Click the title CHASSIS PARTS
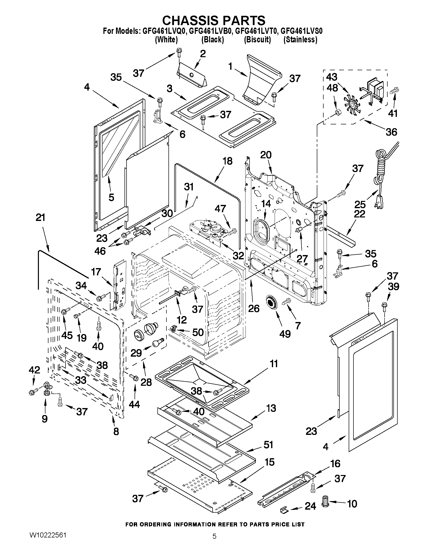(213, 20)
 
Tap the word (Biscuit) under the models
(257, 40)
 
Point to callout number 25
(360, 204)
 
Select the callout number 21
(40, 217)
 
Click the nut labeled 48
(337, 112)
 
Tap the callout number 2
(203, 54)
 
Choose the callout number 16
(335, 464)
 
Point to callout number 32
(238, 256)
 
